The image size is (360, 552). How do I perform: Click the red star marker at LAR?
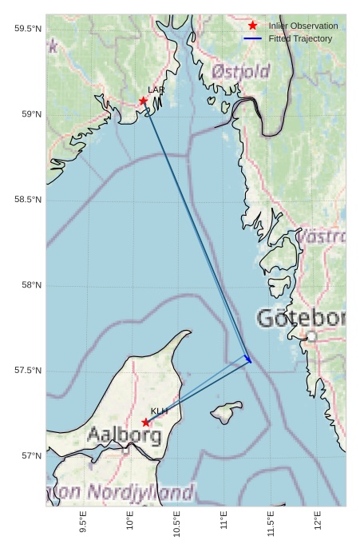point(144,101)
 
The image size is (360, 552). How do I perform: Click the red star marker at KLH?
point(145,422)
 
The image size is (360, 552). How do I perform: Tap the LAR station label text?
point(156,90)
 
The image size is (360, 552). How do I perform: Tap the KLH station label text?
point(159,411)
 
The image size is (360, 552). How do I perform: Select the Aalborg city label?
point(124,436)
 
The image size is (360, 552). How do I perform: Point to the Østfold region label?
point(240,73)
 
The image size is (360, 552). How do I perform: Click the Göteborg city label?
point(301,319)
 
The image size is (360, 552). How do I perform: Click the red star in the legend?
point(253,26)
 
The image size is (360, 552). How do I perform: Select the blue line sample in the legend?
point(253,38)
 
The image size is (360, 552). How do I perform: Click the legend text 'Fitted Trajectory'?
point(300,38)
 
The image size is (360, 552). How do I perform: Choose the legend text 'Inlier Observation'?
point(303,26)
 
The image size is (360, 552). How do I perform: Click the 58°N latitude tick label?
point(30,285)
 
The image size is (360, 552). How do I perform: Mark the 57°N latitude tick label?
point(30,456)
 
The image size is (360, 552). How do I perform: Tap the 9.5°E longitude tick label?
point(84,523)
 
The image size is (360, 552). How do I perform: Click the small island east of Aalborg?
point(227,413)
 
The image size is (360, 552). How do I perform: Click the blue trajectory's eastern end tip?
point(251,362)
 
